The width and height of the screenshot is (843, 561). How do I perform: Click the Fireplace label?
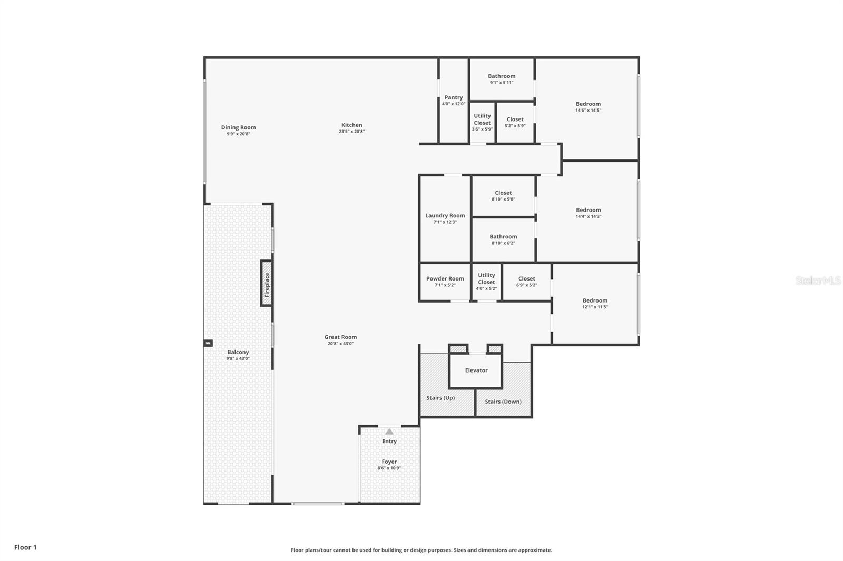267,284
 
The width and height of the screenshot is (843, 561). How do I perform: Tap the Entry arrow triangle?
389,432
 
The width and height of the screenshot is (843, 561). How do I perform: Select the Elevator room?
476,370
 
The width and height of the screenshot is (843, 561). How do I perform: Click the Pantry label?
454,97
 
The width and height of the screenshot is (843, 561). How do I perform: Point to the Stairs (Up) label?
440,398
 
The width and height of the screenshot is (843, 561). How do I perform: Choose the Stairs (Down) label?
503,402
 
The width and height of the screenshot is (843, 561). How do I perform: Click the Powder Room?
445,282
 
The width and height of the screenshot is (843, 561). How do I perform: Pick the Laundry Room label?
445,215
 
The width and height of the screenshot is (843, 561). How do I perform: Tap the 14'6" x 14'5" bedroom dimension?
588,111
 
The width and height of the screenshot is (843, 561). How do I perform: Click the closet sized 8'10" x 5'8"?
503,196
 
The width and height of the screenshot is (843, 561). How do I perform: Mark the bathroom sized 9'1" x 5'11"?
502,79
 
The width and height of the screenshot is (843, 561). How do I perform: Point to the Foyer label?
389,462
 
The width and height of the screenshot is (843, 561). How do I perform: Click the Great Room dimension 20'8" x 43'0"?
340,344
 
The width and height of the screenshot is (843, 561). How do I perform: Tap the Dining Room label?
238,127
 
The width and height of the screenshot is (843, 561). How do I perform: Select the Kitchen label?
351,125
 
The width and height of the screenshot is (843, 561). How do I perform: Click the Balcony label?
238,352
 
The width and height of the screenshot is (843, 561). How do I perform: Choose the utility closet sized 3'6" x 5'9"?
482,122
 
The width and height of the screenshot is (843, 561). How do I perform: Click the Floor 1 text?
25,547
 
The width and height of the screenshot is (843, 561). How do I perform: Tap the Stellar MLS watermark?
818,280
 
